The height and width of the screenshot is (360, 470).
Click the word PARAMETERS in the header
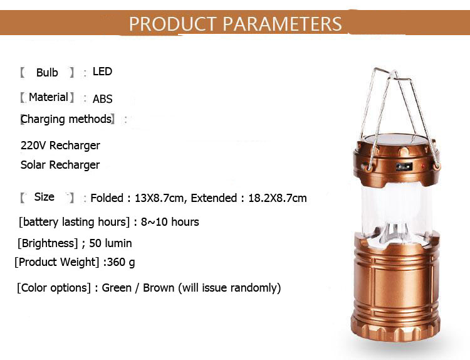click(282, 24)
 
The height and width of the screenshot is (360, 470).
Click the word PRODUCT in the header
click(173, 24)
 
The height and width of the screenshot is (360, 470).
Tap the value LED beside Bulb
click(102, 71)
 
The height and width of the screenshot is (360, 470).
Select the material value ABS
click(102, 98)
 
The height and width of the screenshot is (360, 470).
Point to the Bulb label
click(47, 73)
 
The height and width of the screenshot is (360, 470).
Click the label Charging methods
click(66, 119)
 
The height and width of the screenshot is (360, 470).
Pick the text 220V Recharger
click(60, 146)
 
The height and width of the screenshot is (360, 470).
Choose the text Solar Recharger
click(60, 165)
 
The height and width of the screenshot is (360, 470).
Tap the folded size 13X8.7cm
click(159, 198)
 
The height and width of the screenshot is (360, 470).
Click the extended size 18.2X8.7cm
click(278, 198)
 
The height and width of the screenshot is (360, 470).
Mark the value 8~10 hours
click(170, 221)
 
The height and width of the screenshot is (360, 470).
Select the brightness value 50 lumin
click(110, 243)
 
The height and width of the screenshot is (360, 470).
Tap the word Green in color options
click(117, 287)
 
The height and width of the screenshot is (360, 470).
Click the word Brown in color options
click(159, 287)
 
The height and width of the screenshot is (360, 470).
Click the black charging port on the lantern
click(404, 166)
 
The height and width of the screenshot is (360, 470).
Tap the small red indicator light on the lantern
click(423, 166)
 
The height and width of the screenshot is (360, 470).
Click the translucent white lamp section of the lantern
click(397, 210)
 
